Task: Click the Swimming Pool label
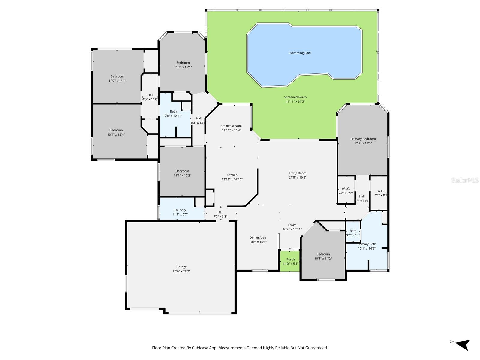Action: tap(300, 53)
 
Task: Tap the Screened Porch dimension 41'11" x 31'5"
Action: tap(295, 101)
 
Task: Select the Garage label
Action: tap(181, 267)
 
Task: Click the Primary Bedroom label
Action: tap(363, 139)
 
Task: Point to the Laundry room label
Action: tap(180, 210)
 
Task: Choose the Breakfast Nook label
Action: tap(231, 126)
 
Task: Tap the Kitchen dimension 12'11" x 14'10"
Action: tap(232, 179)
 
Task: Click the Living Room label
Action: tap(298, 173)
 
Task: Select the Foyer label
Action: tap(292, 225)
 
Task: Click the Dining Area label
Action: tap(258, 238)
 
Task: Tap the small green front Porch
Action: tap(290, 261)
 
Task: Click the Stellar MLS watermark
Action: tap(465, 180)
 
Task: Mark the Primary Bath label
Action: tap(367, 244)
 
